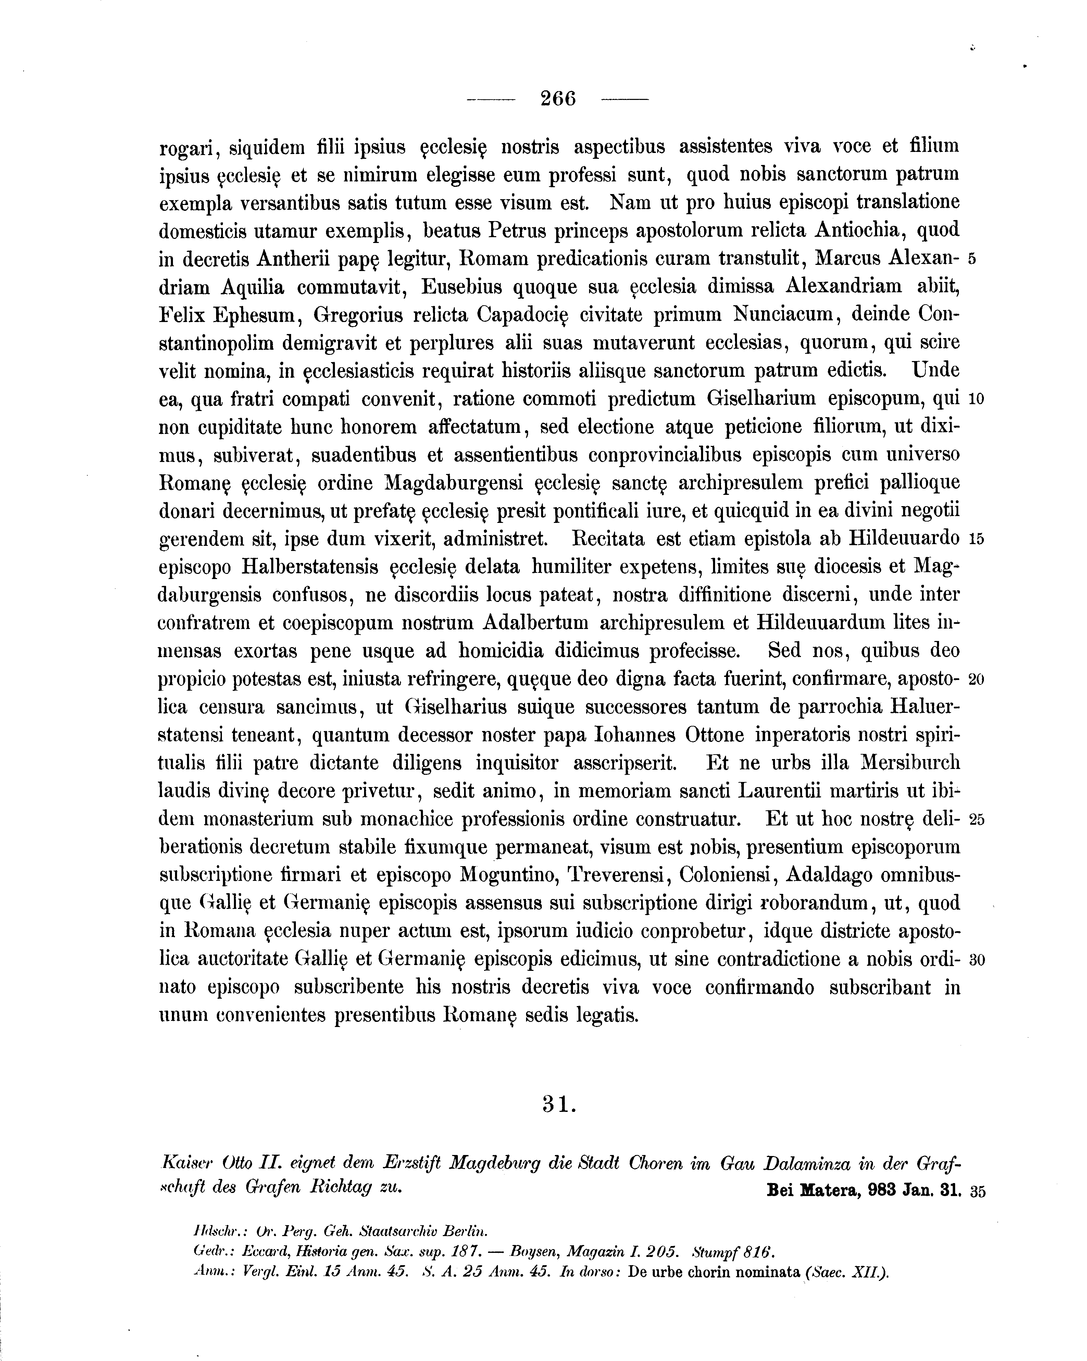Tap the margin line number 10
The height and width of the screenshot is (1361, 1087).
click(976, 400)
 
